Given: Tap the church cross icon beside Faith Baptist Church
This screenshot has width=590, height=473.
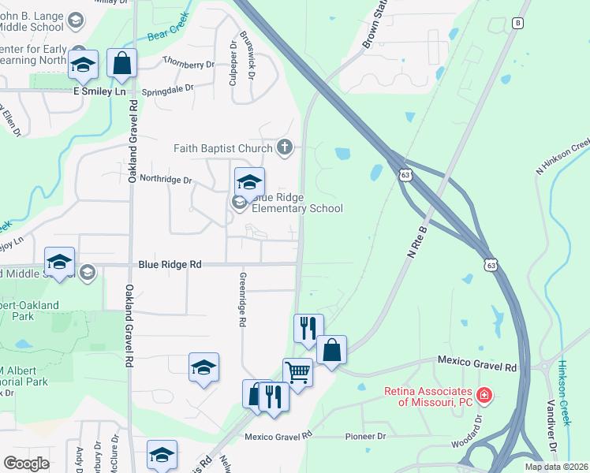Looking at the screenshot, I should pyautogui.click(x=285, y=147).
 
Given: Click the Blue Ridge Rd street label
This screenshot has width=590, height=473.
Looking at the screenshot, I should pyautogui.click(x=170, y=266).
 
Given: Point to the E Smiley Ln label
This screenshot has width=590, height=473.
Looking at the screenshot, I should pyautogui.click(x=99, y=91).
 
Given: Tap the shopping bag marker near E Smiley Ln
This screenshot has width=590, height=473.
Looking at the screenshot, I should pyautogui.click(x=122, y=65).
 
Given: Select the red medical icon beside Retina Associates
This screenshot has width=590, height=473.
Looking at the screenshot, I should pyautogui.click(x=484, y=393).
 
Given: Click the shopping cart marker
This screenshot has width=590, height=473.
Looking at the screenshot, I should pyautogui.click(x=297, y=371).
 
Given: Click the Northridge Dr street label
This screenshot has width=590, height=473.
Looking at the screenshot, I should pyautogui.click(x=166, y=180).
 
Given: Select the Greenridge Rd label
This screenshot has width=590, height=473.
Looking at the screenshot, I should pyautogui.click(x=242, y=300).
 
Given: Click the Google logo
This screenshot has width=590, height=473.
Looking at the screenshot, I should pyautogui.click(x=26, y=464).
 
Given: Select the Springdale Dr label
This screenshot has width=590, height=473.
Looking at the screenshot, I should pyautogui.click(x=167, y=89).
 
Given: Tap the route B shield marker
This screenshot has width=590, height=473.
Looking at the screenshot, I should pyautogui.click(x=517, y=23).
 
